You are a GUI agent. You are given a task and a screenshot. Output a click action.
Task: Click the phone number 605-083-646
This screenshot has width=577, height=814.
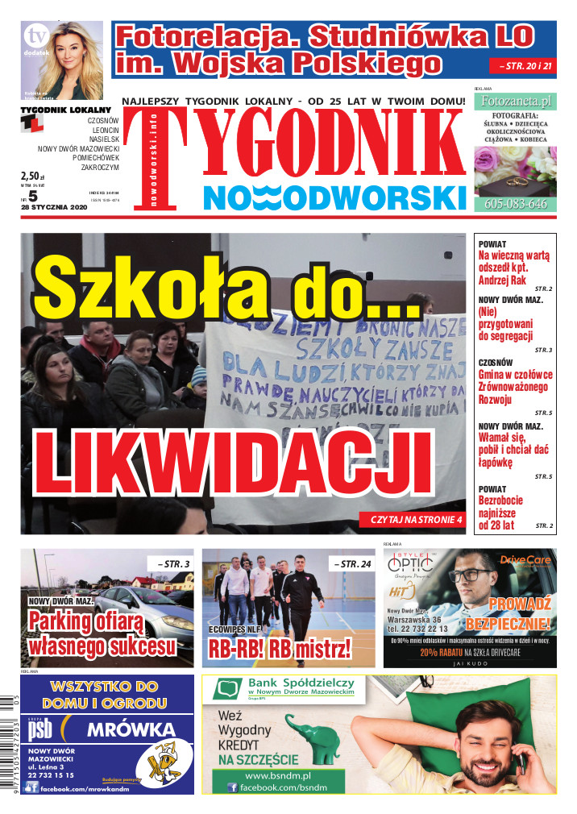point(515,205)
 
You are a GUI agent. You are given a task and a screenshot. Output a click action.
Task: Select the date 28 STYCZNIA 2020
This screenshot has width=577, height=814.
point(55,206)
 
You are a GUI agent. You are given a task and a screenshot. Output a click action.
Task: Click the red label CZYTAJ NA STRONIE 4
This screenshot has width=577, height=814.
point(417,520)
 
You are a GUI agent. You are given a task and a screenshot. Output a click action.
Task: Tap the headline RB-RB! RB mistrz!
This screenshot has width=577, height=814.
point(280,648)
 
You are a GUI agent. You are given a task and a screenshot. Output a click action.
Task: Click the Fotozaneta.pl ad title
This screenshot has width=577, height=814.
point(514,102)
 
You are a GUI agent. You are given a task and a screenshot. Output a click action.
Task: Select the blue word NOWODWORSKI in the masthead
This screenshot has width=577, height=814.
point(334,197)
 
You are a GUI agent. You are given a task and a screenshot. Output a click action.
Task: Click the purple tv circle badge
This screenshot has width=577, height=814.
point(35,35)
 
